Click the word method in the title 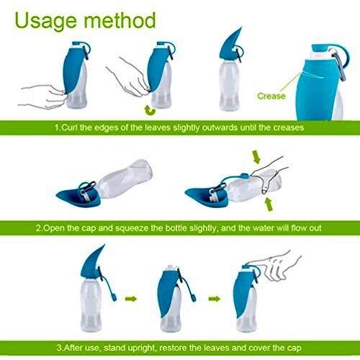click(x=120, y=20)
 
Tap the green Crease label click(x=271, y=96)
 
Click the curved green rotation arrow click(x=150, y=110)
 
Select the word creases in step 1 click(x=289, y=127)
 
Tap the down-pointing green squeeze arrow click(x=256, y=156)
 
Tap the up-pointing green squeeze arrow click(x=269, y=204)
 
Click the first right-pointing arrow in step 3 click(x=131, y=299)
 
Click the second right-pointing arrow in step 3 click(x=214, y=299)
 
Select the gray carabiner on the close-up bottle click(x=341, y=65)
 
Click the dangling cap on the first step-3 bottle click(x=114, y=297)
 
